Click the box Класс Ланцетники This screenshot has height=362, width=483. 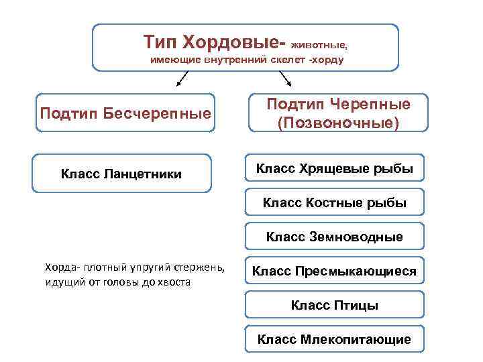click(121, 174)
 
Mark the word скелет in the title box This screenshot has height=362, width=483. click(279, 60)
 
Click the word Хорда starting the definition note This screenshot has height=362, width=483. click(60, 268)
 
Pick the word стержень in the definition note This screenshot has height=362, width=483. click(203, 268)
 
